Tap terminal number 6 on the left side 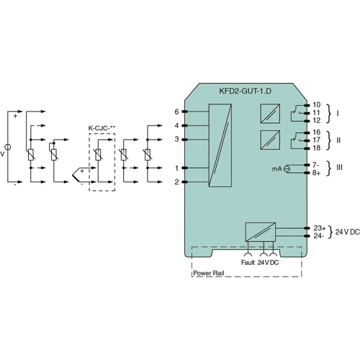point(176,112)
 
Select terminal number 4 point(176,125)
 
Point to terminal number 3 point(176,139)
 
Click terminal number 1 point(176,168)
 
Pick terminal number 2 point(176,181)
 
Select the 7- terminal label point(317,165)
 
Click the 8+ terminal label point(317,174)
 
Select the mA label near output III point(276,168)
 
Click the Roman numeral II point(338,140)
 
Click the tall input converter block point(221,146)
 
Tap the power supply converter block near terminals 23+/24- point(260,231)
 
